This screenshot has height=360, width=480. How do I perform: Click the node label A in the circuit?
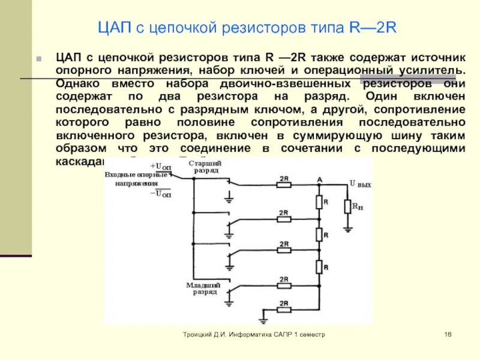tap(319, 179)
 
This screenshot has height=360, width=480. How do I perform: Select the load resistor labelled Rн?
tap(347, 206)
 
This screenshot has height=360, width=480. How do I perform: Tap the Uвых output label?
tap(360, 184)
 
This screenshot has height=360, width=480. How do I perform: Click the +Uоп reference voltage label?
tap(160, 166)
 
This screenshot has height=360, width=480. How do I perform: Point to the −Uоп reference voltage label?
tap(160, 193)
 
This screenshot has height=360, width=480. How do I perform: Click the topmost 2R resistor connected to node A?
tap(284, 185)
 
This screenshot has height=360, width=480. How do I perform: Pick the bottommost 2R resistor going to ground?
tap(284, 310)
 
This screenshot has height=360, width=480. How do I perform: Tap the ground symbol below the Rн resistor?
tap(347, 228)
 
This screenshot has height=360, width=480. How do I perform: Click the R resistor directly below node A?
tap(319, 203)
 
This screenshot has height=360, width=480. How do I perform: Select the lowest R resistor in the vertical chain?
tap(319, 266)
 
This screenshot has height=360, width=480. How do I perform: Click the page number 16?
tap(447, 334)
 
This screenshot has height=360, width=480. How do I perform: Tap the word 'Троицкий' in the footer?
tap(197, 334)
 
